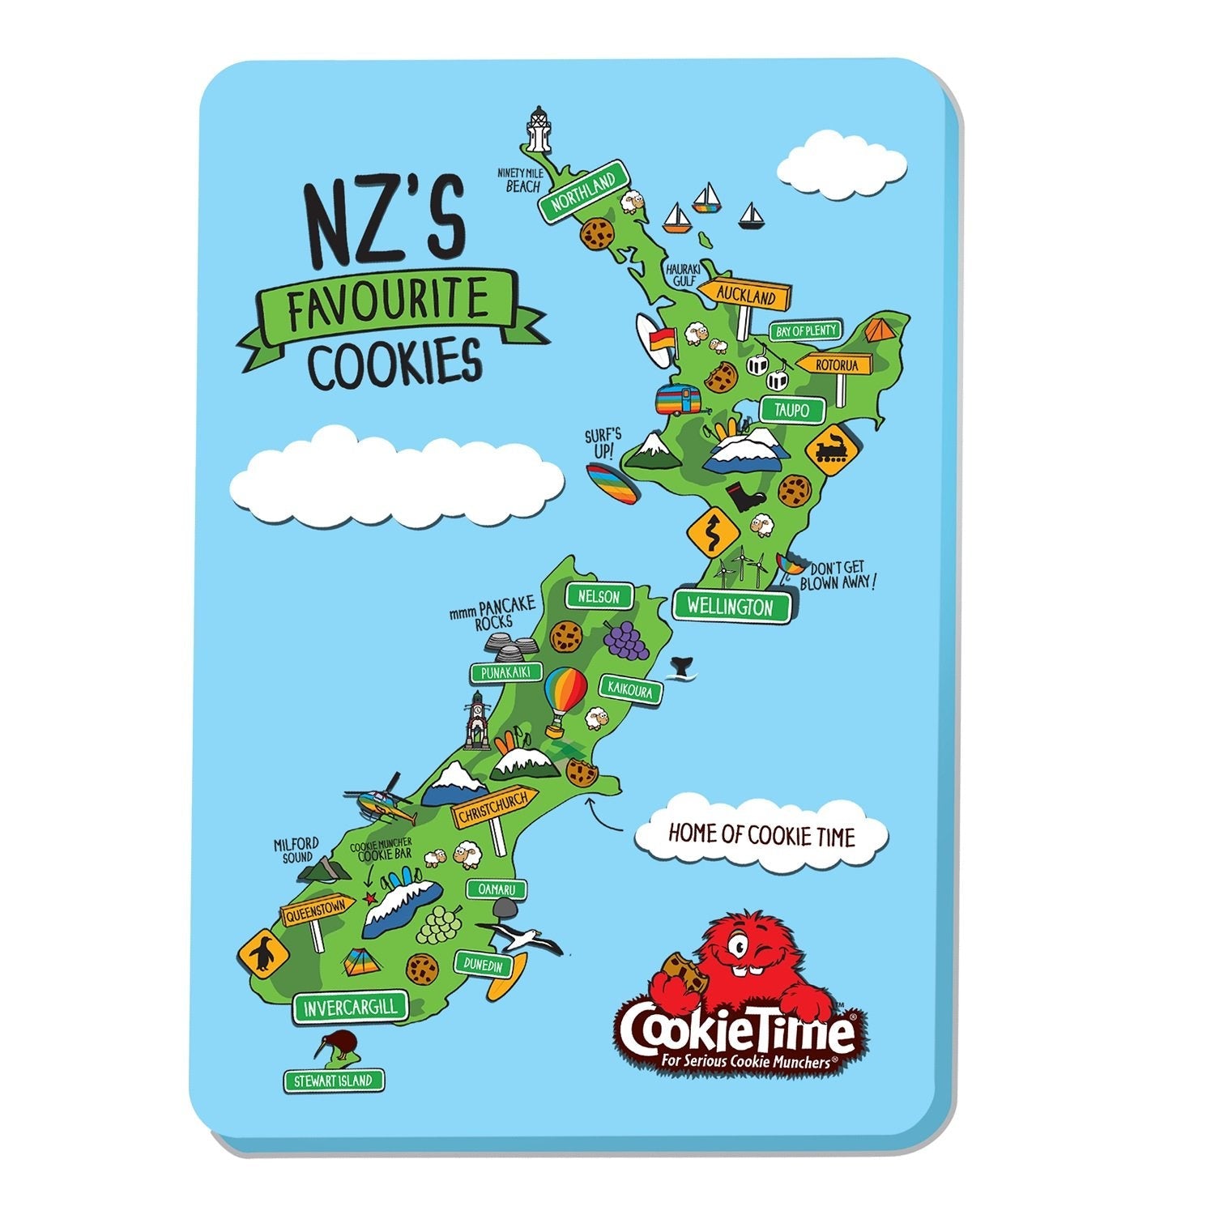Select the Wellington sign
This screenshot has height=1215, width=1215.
[731, 606]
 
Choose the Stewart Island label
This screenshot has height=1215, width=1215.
[334, 1080]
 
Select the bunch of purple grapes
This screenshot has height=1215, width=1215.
[626, 639]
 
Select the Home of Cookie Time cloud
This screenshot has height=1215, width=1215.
[760, 834]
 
